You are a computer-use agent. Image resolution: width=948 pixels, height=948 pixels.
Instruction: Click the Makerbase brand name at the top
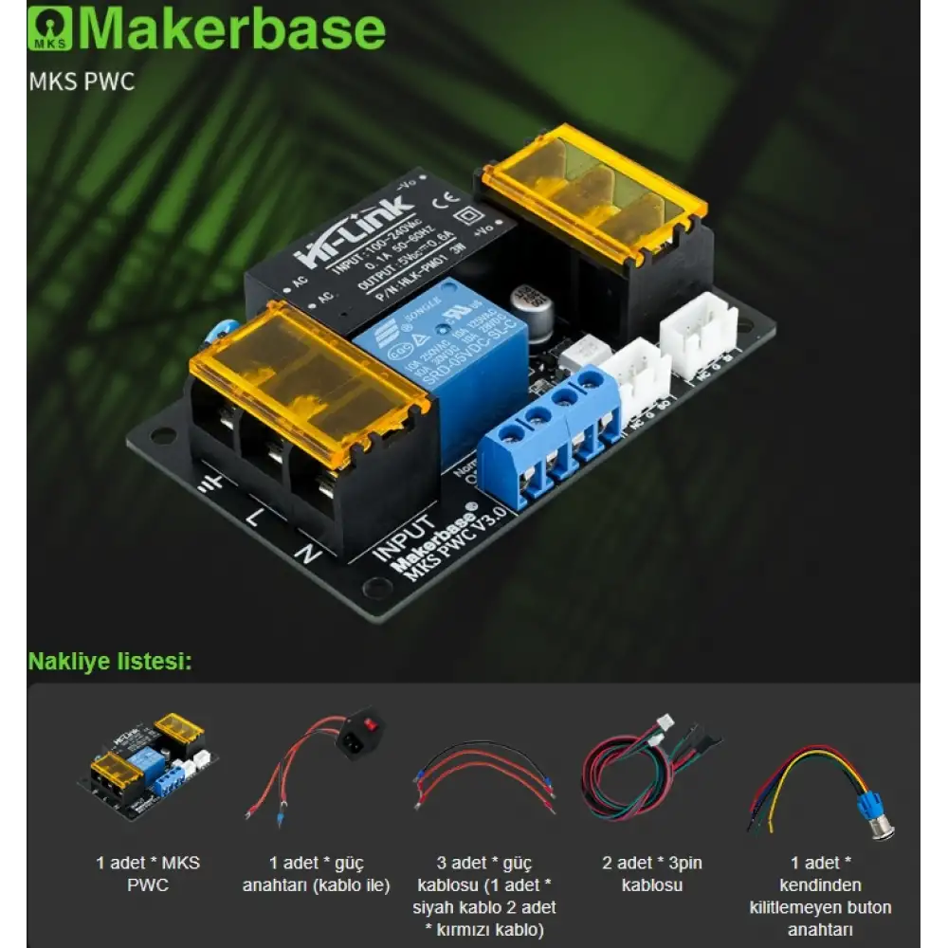[x=231, y=29]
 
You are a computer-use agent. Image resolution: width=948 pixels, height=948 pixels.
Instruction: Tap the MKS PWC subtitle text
[x=82, y=82]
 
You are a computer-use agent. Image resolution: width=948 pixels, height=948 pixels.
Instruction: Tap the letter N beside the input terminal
[x=306, y=552]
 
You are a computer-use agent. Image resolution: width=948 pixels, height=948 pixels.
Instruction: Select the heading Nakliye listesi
[x=110, y=661]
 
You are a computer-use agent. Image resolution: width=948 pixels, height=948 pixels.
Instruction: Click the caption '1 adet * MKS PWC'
[x=147, y=874]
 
